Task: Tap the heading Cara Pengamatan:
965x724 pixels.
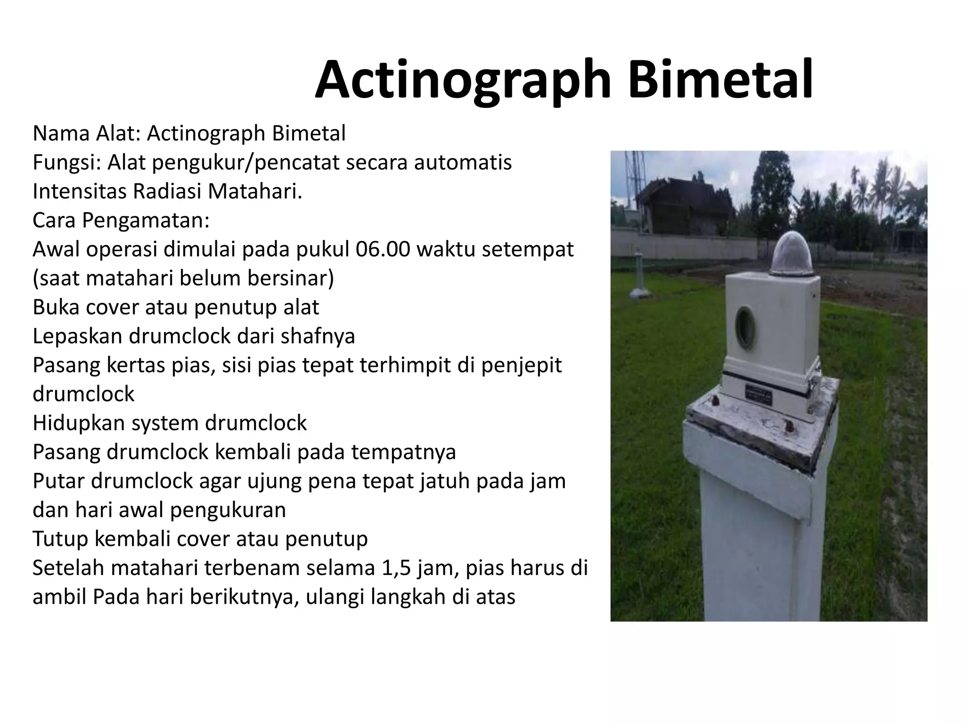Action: pos(121,221)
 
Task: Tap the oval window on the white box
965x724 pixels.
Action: pos(746,326)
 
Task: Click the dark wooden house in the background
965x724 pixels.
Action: pos(683,206)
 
